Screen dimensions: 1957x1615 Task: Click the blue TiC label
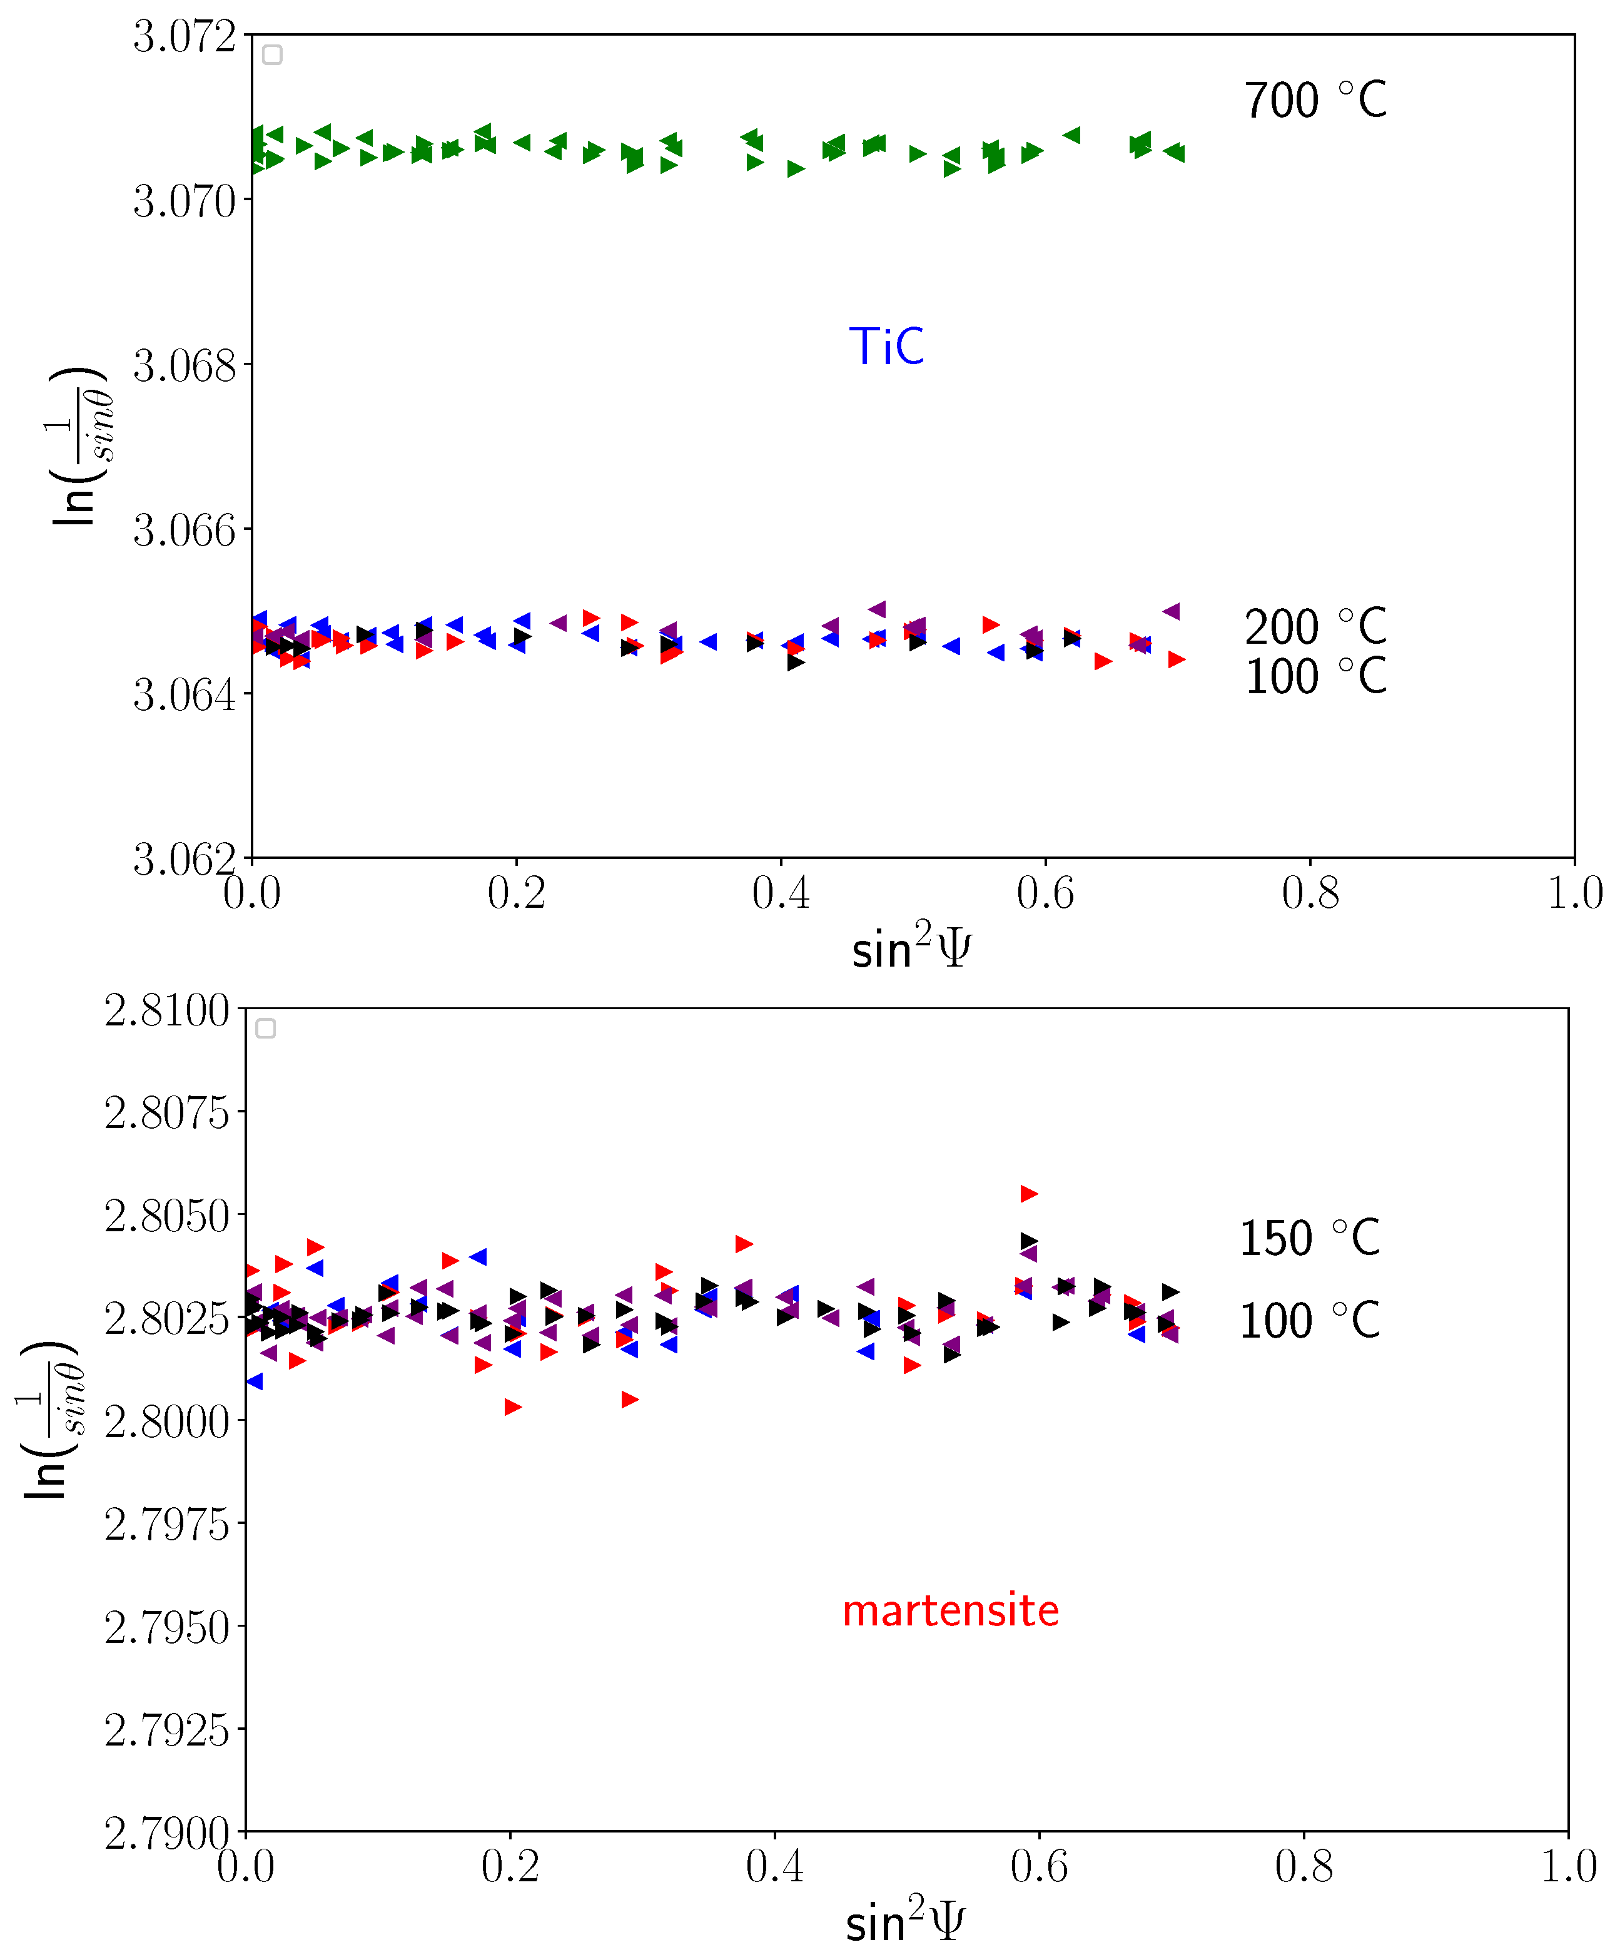tap(886, 347)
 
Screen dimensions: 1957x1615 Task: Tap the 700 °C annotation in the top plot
tap(1315, 101)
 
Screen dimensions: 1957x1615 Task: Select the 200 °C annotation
tap(1315, 628)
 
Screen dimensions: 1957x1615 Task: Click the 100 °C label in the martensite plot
tap(1309, 1321)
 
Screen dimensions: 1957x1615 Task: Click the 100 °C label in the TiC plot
tap(1315, 676)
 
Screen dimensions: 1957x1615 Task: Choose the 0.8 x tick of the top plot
tap(1310, 893)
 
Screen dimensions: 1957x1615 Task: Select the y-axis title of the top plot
tap(76, 447)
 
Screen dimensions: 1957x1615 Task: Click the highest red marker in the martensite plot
tap(1028, 1194)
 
